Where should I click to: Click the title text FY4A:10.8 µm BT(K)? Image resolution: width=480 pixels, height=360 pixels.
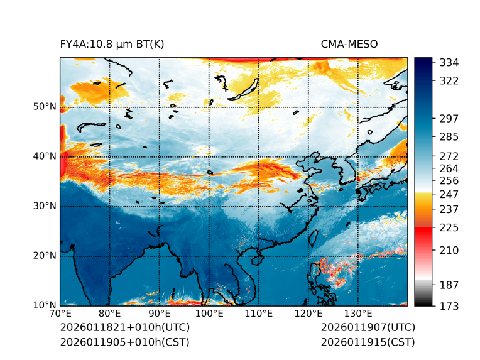tap(112, 45)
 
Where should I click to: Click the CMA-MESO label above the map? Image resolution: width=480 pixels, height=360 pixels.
tap(349, 45)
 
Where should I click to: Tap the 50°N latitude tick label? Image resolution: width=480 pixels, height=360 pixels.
tap(45, 107)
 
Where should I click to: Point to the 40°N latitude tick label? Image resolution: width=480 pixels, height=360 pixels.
tap(45, 156)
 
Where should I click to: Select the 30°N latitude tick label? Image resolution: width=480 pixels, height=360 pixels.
tap(45, 206)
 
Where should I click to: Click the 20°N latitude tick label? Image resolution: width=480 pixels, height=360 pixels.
tap(45, 256)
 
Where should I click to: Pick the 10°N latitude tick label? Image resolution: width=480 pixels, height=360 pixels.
tap(45, 305)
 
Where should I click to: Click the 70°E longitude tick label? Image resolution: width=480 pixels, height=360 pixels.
tap(60, 314)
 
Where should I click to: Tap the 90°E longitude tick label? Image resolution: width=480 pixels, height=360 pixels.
tap(160, 314)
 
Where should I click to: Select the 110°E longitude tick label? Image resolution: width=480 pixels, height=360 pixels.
tap(258, 314)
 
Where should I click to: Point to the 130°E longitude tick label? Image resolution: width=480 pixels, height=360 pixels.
tap(357, 314)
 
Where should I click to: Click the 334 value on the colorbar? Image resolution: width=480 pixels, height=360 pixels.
tap(449, 63)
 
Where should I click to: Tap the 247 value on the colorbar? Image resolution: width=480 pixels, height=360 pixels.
tap(449, 194)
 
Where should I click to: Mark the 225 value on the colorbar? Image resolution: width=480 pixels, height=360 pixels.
tap(449, 227)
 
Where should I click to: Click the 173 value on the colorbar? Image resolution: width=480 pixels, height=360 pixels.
tap(449, 306)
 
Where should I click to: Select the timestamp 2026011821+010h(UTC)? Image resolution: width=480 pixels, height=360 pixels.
tap(124, 328)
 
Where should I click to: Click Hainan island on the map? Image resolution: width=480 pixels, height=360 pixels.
tap(256, 259)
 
